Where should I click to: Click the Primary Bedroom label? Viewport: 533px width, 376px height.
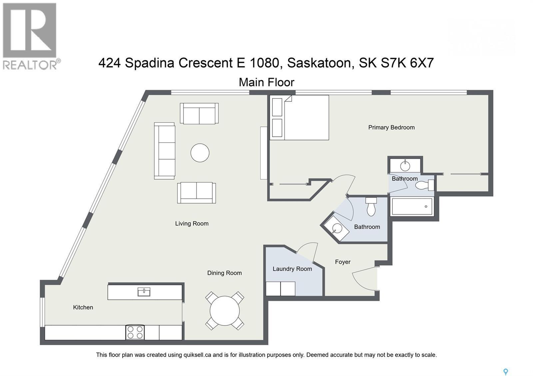[391, 127]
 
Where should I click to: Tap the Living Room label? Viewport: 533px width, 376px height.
[192, 224]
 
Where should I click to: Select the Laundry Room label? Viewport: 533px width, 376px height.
[292, 269]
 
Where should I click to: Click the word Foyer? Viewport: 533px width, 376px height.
[342, 262]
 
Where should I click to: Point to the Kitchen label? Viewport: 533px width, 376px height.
[83, 307]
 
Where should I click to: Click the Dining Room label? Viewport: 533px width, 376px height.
[224, 273]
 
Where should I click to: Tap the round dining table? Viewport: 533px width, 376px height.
[225, 311]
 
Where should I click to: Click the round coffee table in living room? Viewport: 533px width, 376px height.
[200, 153]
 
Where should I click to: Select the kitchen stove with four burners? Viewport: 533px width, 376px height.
[135, 332]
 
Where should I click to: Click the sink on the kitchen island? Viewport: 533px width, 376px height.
[144, 292]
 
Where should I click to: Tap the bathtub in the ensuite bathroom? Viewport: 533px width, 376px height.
[412, 207]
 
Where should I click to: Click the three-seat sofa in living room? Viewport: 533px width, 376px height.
[165, 151]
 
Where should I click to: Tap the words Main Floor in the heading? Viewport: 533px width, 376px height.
[266, 82]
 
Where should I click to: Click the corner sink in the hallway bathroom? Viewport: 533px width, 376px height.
[336, 228]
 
